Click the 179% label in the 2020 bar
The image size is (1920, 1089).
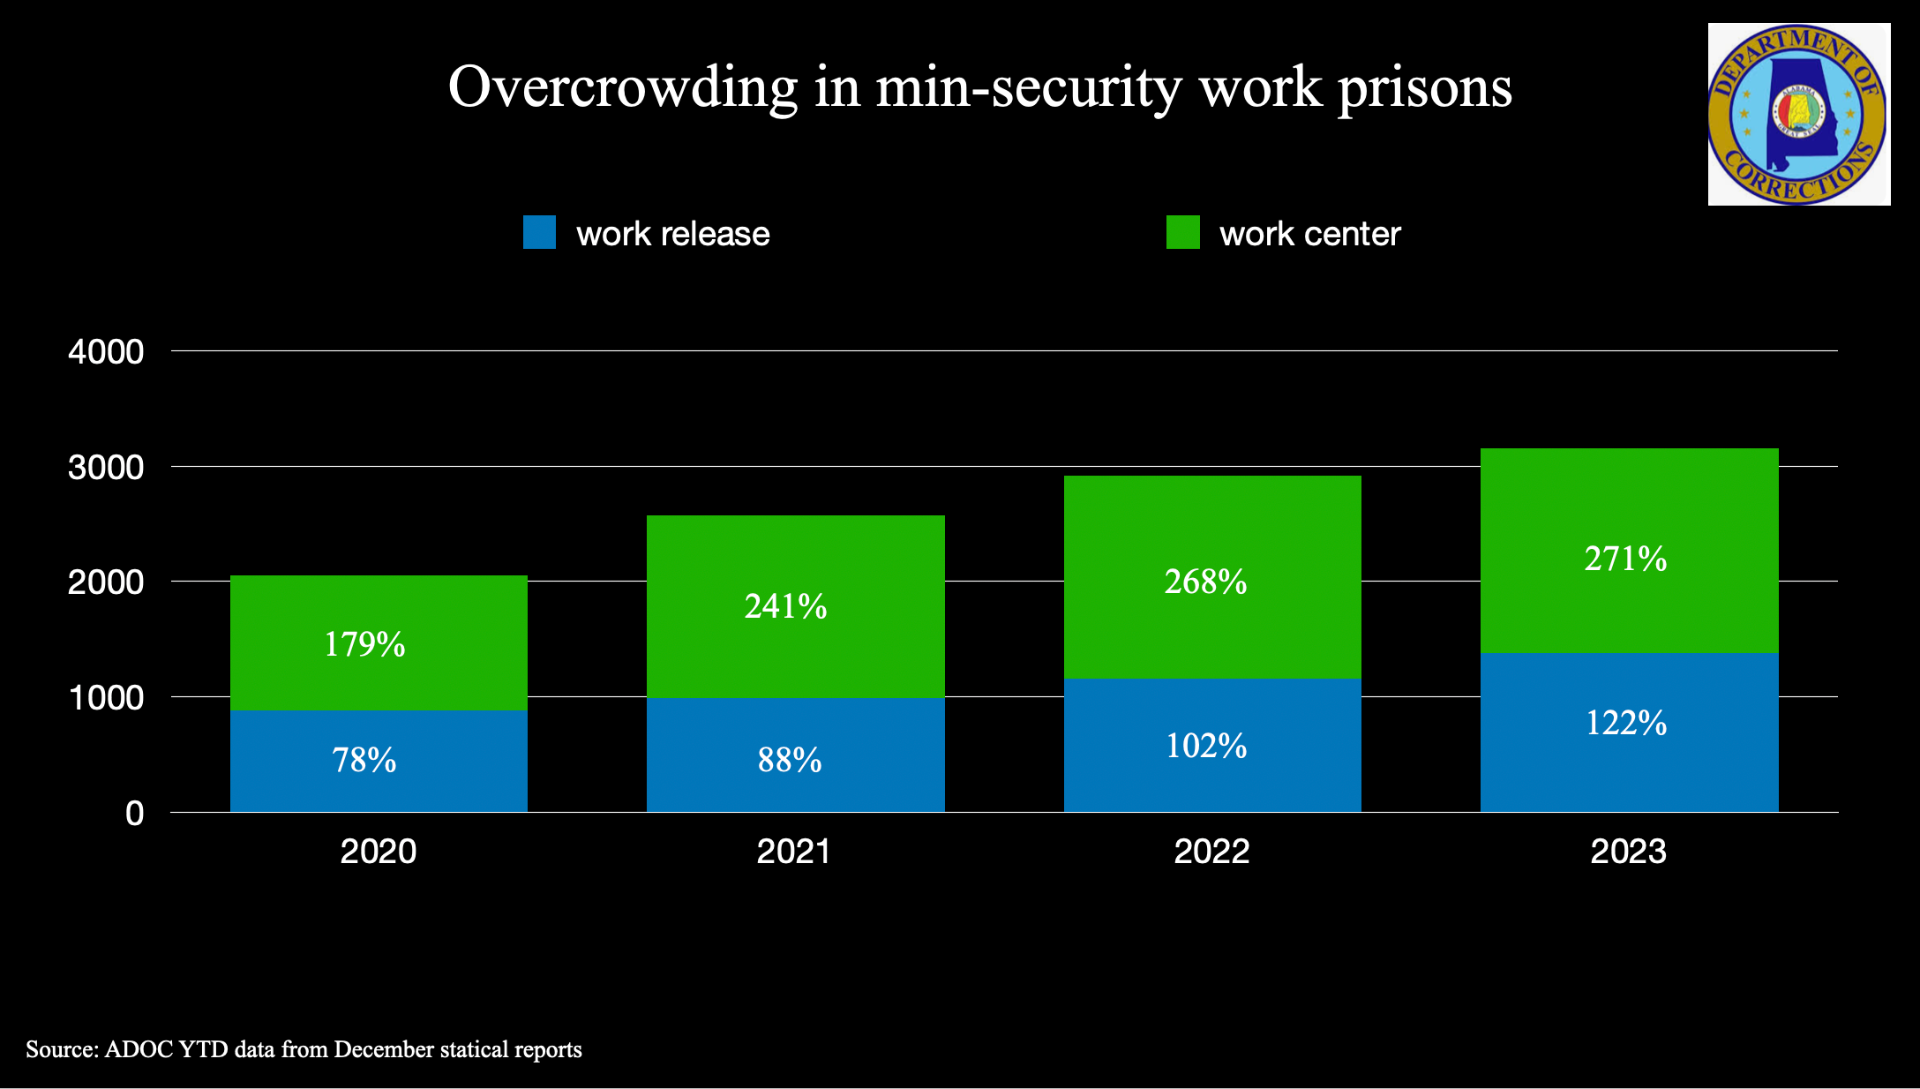pos(364,644)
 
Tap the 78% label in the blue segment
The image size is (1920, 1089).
pos(364,760)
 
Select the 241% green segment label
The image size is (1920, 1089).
pos(785,606)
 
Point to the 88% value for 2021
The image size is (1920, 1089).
pos(790,760)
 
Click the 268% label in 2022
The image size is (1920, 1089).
pos(1205,582)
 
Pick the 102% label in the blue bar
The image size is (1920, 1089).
pos(1206,746)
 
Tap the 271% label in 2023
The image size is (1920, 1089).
pos(1625,559)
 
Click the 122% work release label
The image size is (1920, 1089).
pos(1626,723)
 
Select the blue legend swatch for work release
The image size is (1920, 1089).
pos(539,232)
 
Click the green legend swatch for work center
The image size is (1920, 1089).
pos(1182,232)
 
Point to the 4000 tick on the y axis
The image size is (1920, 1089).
pos(106,352)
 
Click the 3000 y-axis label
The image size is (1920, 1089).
pos(106,467)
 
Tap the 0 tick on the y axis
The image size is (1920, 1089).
pos(134,813)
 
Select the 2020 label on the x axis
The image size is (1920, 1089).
pos(379,852)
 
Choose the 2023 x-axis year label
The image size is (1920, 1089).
pos(1628,852)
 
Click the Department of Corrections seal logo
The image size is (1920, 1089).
pos(1798,115)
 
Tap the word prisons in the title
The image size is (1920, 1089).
pos(1424,87)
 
